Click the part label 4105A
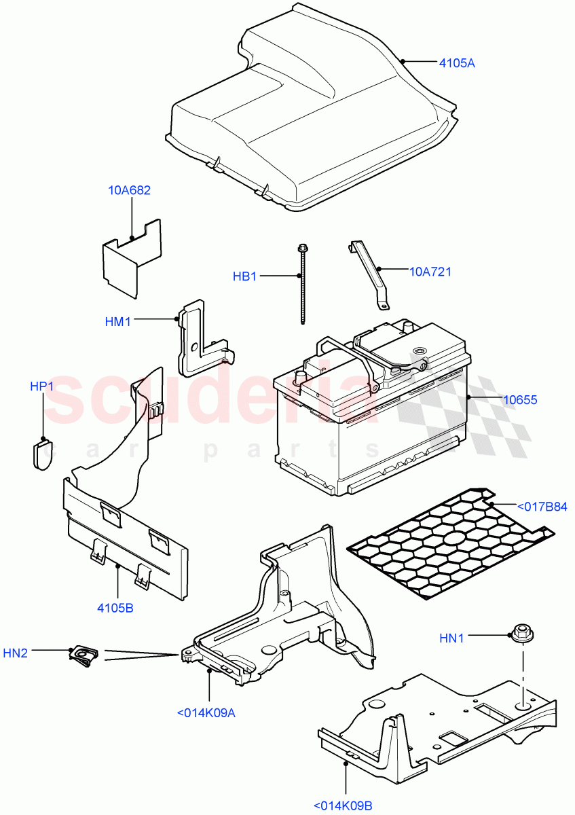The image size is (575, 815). pyautogui.click(x=456, y=63)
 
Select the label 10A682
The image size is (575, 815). pyautogui.click(x=129, y=190)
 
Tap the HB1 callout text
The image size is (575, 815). pyautogui.click(x=245, y=276)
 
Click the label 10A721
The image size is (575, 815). pyautogui.click(x=430, y=272)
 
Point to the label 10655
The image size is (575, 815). pyautogui.click(x=519, y=400)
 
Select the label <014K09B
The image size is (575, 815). pyautogui.click(x=343, y=806)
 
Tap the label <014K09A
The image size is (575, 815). pyautogui.click(x=206, y=712)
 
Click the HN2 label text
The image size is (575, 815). pyautogui.click(x=15, y=653)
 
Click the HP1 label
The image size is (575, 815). pyautogui.click(x=41, y=386)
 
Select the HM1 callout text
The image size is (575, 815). pyautogui.click(x=118, y=322)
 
